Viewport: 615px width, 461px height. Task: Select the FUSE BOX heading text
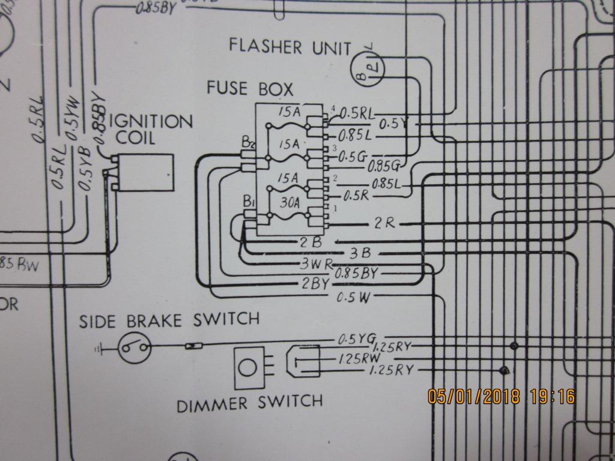point(250,89)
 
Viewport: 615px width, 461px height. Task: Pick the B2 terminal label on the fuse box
point(247,143)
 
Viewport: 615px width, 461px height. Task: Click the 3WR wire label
point(312,265)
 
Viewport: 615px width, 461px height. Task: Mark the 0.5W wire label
point(353,297)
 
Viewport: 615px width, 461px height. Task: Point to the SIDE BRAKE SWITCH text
point(170,321)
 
